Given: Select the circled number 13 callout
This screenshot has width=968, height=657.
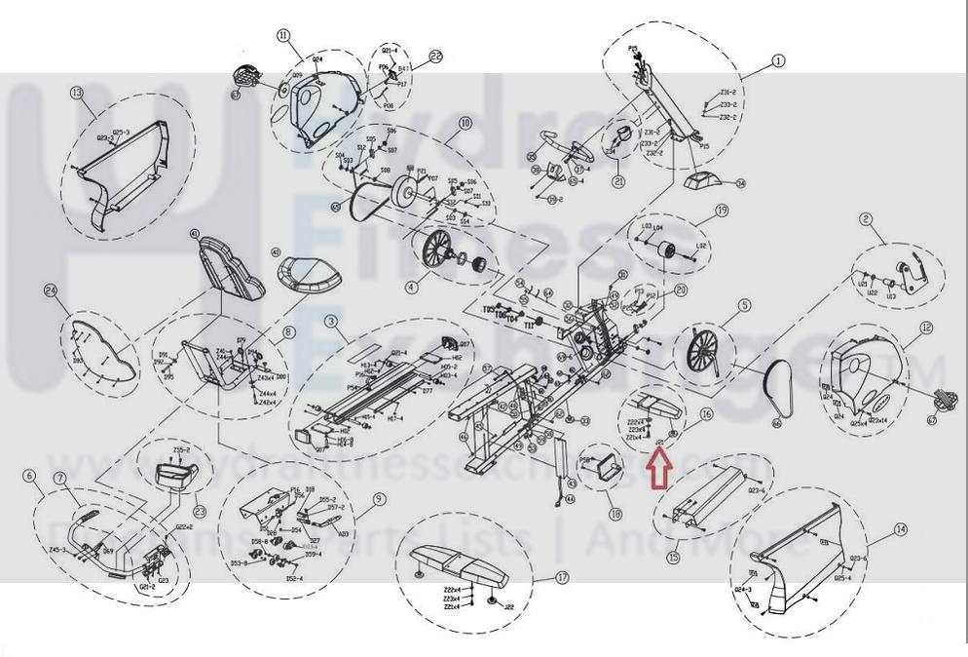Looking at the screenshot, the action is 77,93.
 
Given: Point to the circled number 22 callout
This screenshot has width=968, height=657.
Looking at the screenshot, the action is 435,57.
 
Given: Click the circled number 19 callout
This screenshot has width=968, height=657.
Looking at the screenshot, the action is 722,210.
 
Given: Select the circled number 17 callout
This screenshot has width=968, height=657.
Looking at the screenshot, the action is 562,577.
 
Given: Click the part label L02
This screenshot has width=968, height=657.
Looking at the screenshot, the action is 700,246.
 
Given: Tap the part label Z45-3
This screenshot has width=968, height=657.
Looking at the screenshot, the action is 56,551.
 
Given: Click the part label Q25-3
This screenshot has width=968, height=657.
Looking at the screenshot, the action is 121,132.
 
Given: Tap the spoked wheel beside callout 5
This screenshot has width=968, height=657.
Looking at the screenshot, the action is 703,346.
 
